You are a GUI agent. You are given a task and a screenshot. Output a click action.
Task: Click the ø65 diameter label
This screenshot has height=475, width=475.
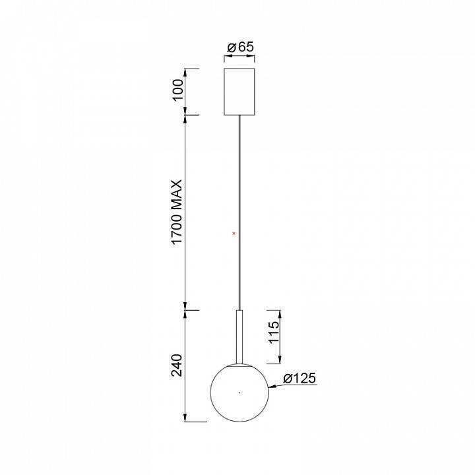click(241, 47)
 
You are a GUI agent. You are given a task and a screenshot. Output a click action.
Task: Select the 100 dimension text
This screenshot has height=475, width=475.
click(178, 90)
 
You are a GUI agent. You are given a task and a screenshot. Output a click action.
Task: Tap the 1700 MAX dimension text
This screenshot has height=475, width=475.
click(177, 212)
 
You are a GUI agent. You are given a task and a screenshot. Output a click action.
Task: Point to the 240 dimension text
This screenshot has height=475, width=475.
click(177, 365)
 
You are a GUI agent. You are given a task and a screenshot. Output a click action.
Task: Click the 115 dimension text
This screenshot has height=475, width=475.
click(274, 332)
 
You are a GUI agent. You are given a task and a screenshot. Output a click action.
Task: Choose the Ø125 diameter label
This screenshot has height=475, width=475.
click(300, 378)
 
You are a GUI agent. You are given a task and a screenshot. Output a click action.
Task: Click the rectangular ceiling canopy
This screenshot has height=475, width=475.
click(239, 92)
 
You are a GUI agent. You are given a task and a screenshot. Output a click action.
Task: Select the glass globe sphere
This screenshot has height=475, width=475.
click(239, 393)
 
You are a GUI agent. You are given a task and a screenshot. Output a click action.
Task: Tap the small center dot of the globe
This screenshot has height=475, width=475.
click(239, 393)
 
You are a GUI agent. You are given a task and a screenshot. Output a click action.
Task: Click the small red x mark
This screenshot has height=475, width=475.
click(234, 234)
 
